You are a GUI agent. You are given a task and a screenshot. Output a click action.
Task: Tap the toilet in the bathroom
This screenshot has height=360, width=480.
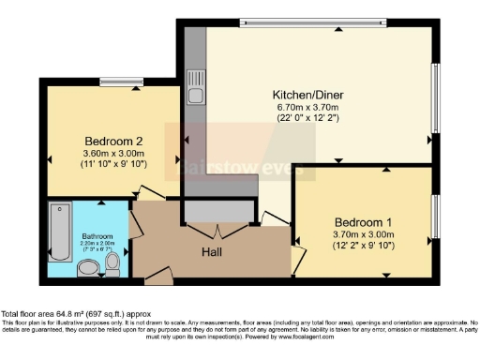(x=112, y=267)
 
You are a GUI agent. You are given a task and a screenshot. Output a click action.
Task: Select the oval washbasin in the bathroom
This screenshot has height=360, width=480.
(x=87, y=270)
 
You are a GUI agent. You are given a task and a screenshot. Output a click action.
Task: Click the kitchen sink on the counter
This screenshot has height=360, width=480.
(x=196, y=92)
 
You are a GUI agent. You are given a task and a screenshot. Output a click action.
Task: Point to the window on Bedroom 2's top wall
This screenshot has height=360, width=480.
(x=122, y=82)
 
